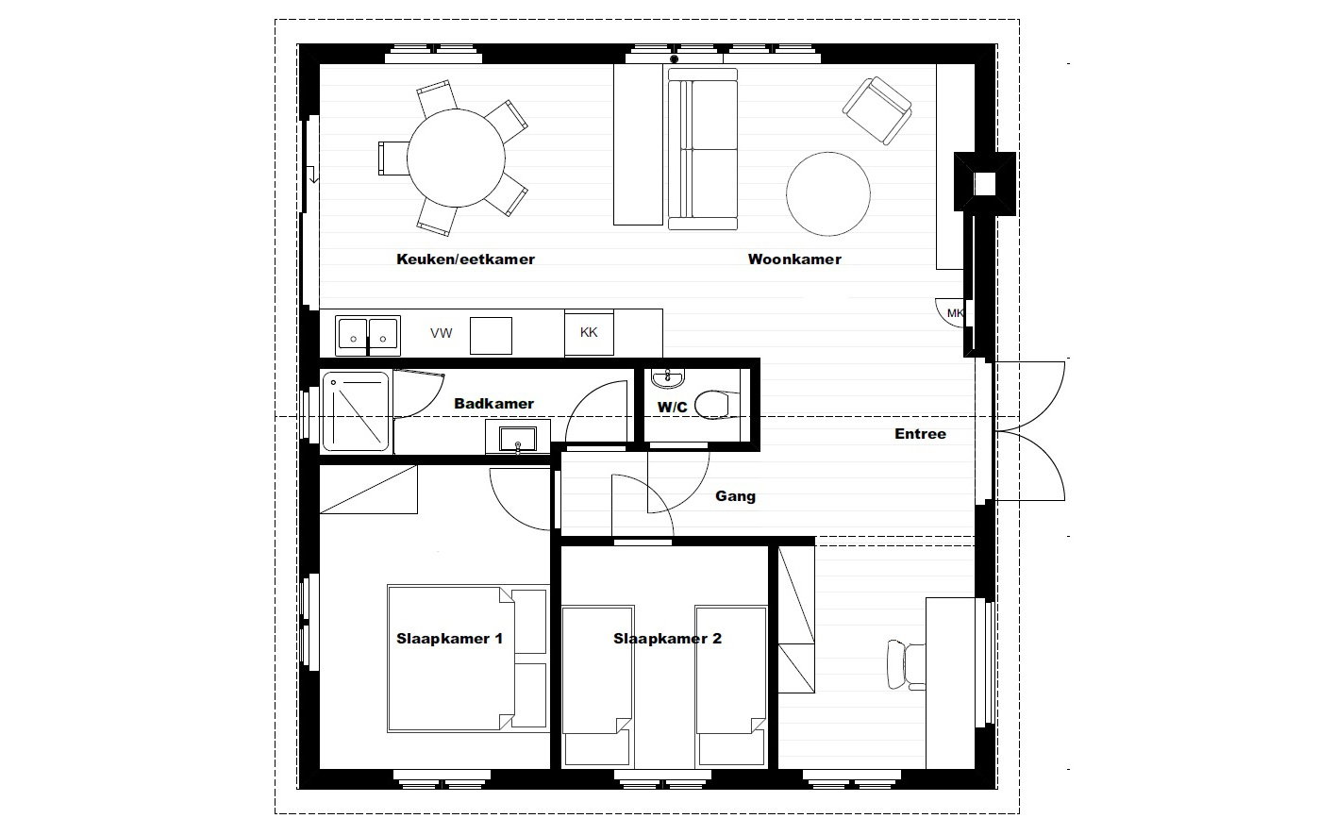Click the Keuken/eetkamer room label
coord(465,259)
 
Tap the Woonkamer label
coord(794,259)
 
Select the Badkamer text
coord(493,404)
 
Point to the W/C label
coord(672,407)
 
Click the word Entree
coord(920,434)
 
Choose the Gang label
coord(736,496)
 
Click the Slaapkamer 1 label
coord(449,639)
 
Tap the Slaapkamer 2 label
coord(667,639)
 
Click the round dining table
coord(456,158)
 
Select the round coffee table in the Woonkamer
coord(827,193)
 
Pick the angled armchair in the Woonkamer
coord(877,110)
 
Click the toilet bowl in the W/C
coord(713,405)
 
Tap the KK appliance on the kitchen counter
coord(589,333)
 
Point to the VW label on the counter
coord(441,333)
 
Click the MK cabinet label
coord(955,313)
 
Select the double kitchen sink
coord(368,336)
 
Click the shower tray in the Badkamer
coord(356,411)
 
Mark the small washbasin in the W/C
coord(668,378)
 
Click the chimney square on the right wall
coord(985,184)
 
